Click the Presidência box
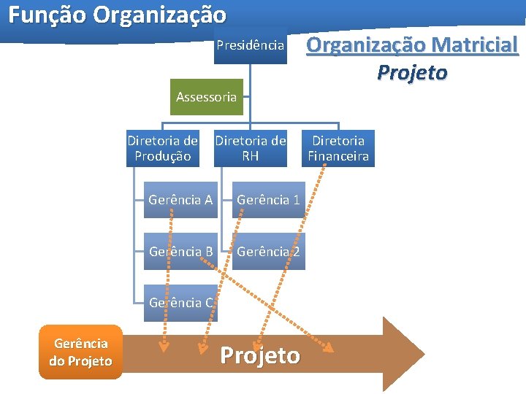[251, 45]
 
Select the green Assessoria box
[207, 97]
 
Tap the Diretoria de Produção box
[162, 148]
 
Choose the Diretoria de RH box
[251, 148]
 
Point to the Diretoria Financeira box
[338, 148]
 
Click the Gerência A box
[180, 199]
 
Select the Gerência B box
[180, 252]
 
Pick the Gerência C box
[180, 303]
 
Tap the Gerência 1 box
[268, 199]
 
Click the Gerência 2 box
[268, 252]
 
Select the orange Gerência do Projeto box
[80, 352]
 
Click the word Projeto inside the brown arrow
[260, 355]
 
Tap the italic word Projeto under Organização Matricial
[412, 73]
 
